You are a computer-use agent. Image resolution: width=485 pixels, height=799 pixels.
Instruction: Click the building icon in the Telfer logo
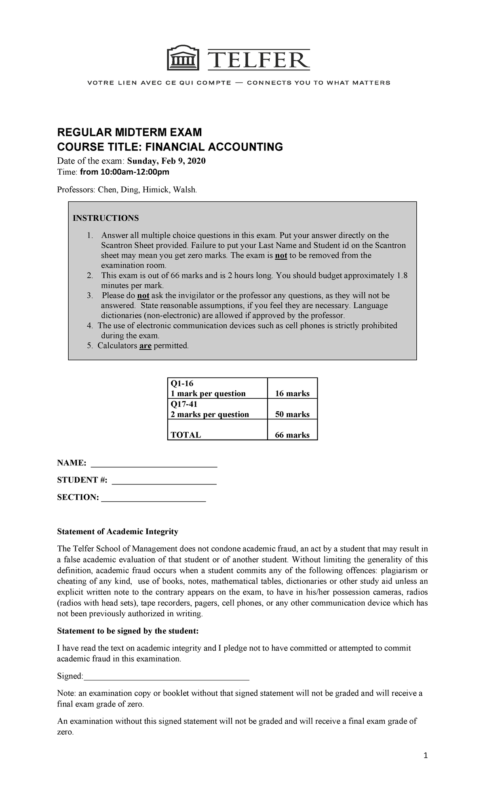point(183,59)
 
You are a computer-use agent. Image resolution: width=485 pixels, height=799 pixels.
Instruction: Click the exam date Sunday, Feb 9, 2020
point(166,161)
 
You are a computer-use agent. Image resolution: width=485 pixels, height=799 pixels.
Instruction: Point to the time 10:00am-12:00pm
point(124,172)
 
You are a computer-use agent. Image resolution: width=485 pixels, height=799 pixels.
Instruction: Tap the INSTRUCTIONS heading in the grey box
point(105,218)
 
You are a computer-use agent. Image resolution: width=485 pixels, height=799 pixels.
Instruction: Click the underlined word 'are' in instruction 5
point(145,346)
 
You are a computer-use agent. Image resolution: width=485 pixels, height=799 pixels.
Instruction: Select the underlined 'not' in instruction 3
point(143,296)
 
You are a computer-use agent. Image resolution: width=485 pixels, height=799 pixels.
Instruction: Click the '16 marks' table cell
point(292,393)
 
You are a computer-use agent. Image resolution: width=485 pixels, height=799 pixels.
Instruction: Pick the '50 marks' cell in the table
point(292,414)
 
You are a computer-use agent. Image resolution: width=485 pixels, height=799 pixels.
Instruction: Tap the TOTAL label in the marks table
point(186,435)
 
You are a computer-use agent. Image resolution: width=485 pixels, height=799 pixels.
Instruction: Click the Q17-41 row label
point(184,404)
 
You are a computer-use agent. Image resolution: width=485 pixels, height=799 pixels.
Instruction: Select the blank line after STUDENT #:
point(164,481)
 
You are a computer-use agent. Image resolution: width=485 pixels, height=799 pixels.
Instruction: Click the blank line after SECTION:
point(154,499)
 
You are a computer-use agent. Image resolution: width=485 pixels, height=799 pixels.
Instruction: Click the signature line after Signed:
point(166,676)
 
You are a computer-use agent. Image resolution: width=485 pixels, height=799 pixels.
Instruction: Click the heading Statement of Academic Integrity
point(118,531)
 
